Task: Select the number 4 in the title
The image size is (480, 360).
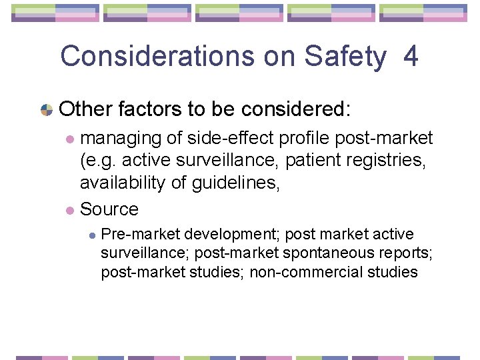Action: point(411,57)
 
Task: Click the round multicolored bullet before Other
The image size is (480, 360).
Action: point(47,109)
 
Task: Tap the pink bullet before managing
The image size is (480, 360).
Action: point(70,139)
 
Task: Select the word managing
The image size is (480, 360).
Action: point(121,139)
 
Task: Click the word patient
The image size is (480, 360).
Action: point(314,161)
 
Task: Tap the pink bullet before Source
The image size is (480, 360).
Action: point(70,210)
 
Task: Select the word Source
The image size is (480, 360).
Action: point(109,209)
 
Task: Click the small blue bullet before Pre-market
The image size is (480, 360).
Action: point(93,235)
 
